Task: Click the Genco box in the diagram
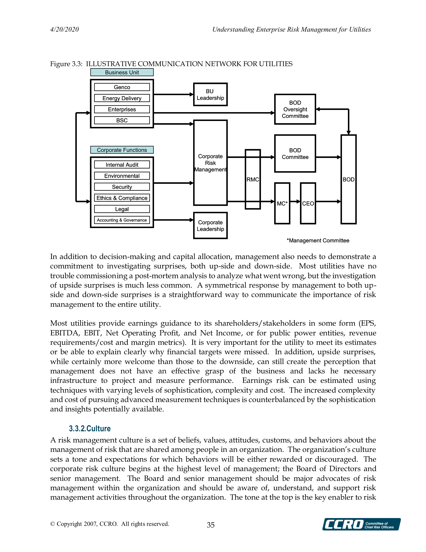[x=122, y=87]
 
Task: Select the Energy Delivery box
[x=122, y=98]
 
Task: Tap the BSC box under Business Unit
[x=122, y=120]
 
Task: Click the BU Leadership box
[x=210, y=94]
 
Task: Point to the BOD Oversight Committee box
[x=295, y=109]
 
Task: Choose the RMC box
[x=252, y=179]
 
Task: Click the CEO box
[x=308, y=203]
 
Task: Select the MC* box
[x=282, y=203]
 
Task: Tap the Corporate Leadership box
[x=210, y=225]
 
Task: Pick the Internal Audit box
[x=122, y=165]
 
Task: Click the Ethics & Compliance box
[x=122, y=198]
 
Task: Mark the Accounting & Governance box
[x=122, y=220]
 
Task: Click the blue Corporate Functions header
[x=122, y=150]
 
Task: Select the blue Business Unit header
[x=122, y=72]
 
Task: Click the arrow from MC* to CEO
[x=295, y=202]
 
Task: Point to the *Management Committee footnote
[x=318, y=240]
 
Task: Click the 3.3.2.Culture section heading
[x=90, y=428]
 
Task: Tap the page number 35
[x=211, y=525]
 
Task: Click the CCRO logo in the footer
[x=361, y=524]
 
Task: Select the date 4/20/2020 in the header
[x=64, y=30]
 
